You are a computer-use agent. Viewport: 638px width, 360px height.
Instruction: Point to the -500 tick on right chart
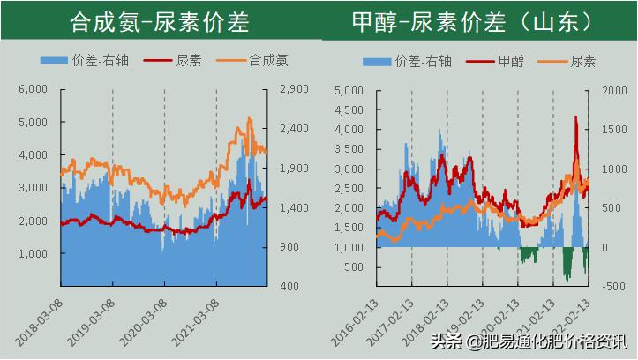pyautogui.click(x=612, y=286)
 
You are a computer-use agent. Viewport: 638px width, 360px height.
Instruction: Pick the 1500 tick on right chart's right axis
pyautogui.click(x=613, y=129)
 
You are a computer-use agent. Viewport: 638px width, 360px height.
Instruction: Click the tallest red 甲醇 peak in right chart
pyautogui.click(x=576, y=117)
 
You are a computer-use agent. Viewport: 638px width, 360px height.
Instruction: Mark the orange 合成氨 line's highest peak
pyautogui.click(x=250, y=119)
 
